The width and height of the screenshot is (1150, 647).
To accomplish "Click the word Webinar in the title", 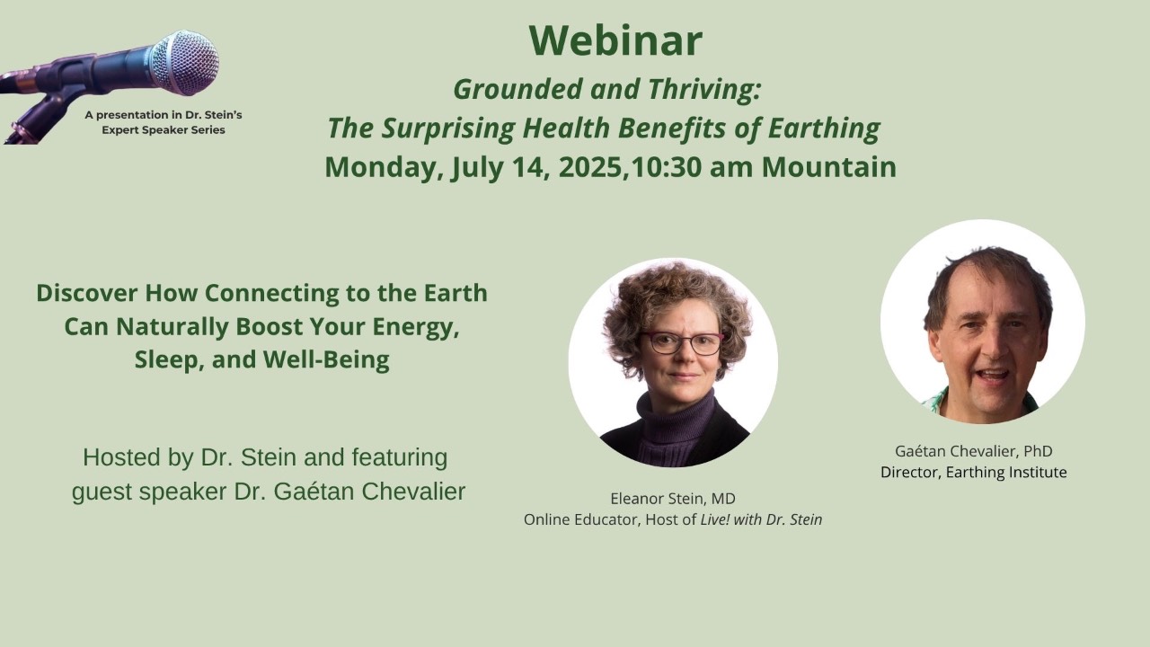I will (x=615, y=40).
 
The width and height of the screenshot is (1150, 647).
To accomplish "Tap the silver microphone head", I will (x=184, y=63).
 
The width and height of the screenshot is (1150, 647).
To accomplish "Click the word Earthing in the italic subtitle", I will (x=824, y=129).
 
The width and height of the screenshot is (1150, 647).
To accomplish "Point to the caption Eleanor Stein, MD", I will (x=673, y=498).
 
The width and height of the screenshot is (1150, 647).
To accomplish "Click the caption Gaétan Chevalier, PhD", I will (x=973, y=451).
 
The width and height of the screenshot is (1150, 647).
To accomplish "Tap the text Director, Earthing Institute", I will (x=973, y=472).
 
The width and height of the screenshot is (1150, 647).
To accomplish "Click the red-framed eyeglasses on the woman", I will (x=682, y=342).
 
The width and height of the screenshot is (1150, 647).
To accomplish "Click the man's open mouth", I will (x=993, y=375).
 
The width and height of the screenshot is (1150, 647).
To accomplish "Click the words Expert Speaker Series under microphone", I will (x=164, y=130).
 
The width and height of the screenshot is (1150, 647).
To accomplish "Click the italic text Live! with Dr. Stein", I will (x=761, y=519).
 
